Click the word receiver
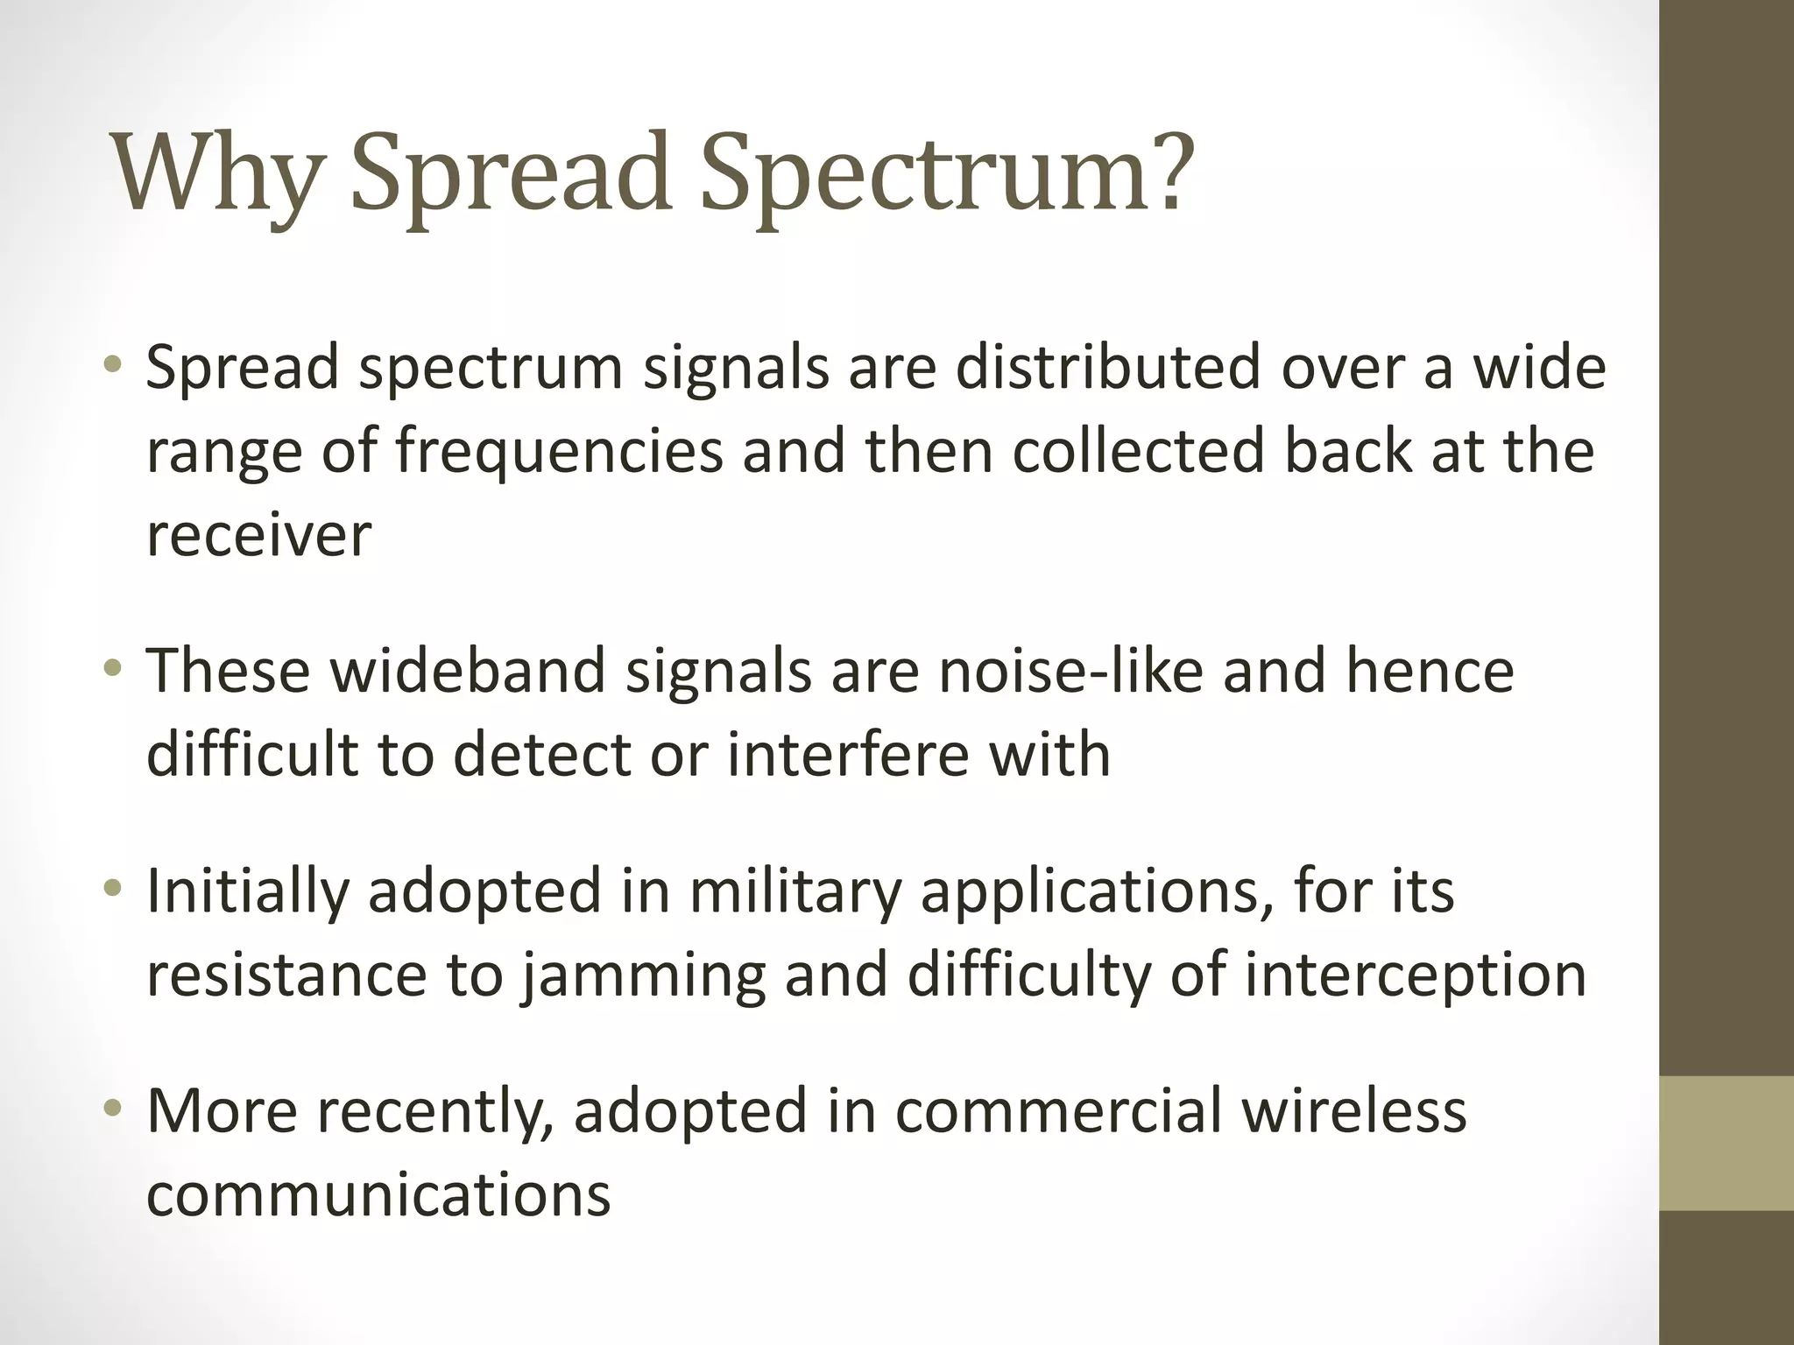[258, 536]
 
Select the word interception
[1415, 975]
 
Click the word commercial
[1058, 1111]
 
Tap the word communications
[378, 1195]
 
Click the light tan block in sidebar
[1727, 1143]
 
